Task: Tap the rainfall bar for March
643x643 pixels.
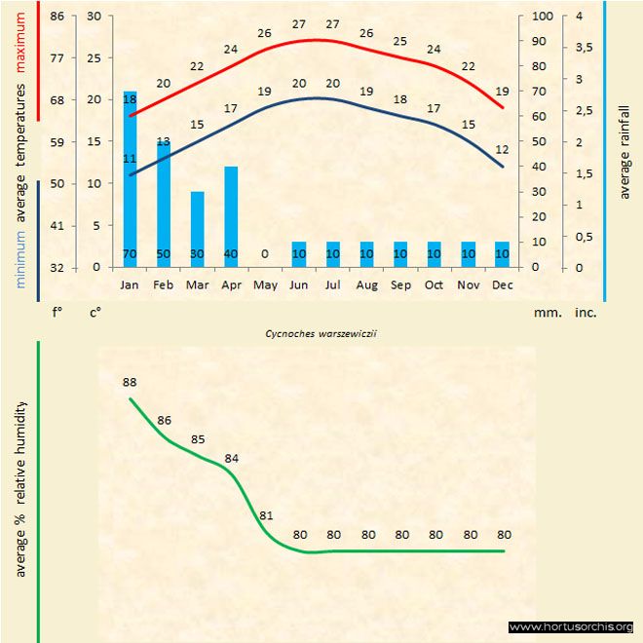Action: [197, 229]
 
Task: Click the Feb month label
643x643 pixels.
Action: [164, 284]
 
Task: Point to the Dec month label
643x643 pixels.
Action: [502, 284]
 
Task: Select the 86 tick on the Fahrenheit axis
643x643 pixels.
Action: [57, 17]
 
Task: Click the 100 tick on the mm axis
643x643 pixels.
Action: [542, 17]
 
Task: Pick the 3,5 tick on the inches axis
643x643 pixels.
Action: [584, 48]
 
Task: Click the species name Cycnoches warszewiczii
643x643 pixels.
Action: [321, 332]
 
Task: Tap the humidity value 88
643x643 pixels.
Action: [130, 383]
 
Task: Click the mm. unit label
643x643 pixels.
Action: [544, 314]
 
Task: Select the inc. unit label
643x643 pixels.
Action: [586, 314]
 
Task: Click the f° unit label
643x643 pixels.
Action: [57, 314]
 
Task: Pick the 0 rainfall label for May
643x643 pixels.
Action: [264, 254]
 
